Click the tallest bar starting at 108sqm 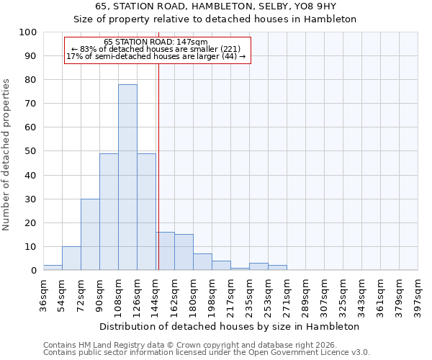127,177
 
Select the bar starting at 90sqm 109,212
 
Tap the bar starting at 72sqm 90,234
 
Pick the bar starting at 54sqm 71,258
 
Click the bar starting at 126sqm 146,212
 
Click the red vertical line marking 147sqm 158,166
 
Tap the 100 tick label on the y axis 28,32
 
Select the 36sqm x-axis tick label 44,295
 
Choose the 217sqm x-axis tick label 231,295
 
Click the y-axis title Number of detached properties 7,155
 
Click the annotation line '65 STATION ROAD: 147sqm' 156,42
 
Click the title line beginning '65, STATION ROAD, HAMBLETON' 215,6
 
